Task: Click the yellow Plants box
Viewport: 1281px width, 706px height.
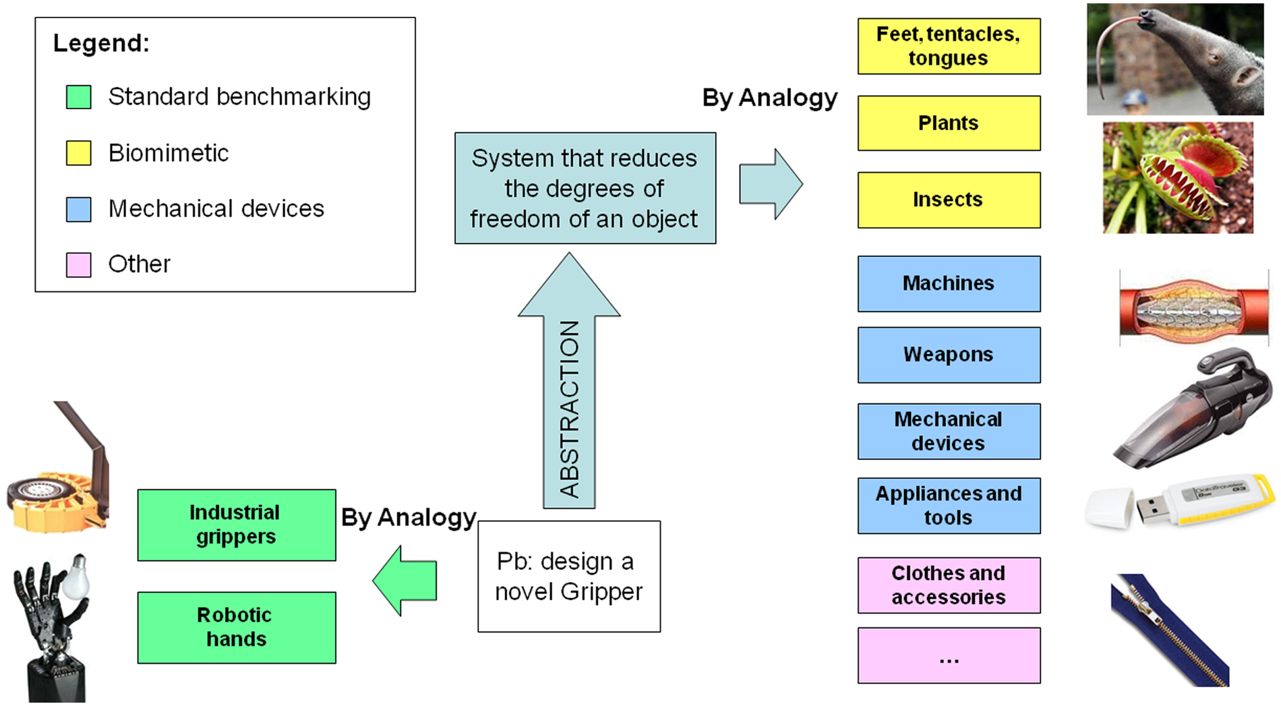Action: point(949,123)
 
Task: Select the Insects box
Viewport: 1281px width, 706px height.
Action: point(949,200)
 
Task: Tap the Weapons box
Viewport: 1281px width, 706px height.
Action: point(949,355)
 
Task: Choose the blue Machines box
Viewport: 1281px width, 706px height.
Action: point(949,283)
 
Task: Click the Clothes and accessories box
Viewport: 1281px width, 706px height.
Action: point(949,585)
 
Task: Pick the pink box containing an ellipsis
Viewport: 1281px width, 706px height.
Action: point(949,655)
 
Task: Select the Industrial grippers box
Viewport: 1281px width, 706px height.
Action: point(237,525)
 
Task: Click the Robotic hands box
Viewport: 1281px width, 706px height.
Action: point(237,627)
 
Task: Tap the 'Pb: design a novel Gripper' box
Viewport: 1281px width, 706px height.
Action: point(569,576)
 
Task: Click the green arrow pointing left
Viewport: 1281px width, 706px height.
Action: point(405,581)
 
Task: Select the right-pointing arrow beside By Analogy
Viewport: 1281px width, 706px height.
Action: point(771,183)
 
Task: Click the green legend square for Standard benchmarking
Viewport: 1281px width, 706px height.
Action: point(78,97)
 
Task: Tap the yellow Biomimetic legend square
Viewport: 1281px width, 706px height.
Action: point(78,153)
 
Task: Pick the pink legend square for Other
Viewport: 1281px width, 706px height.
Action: point(78,264)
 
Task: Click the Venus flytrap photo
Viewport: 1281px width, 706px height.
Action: point(1178,178)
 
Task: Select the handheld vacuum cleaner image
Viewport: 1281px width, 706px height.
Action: point(1193,409)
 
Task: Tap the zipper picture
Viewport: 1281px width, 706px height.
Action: point(1170,630)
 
